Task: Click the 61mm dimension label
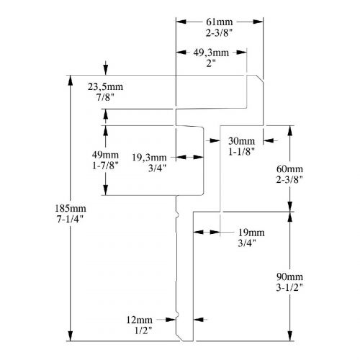tap(220, 22)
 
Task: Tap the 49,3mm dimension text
tap(211, 53)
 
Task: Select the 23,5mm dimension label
tap(105, 86)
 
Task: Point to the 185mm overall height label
tap(71, 208)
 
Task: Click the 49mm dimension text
tap(105, 155)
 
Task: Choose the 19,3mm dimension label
tap(149, 158)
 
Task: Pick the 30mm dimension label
tap(241, 141)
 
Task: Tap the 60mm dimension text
tap(289, 169)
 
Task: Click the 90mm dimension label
tap(289, 277)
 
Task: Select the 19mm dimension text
tap(251, 233)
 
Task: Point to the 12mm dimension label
tap(139, 320)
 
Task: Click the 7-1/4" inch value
tap(70, 219)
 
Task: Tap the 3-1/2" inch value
tap(289, 287)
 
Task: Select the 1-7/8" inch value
tap(106, 166)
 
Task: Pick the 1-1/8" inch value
tap(241, 151)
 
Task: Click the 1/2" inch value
tap(143, 330)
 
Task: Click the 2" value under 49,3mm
tap(211, 63)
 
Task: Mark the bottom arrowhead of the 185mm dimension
tap(71, 336)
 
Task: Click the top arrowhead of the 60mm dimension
tap(290, 130)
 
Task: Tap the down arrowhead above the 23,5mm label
tap(106, 70)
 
